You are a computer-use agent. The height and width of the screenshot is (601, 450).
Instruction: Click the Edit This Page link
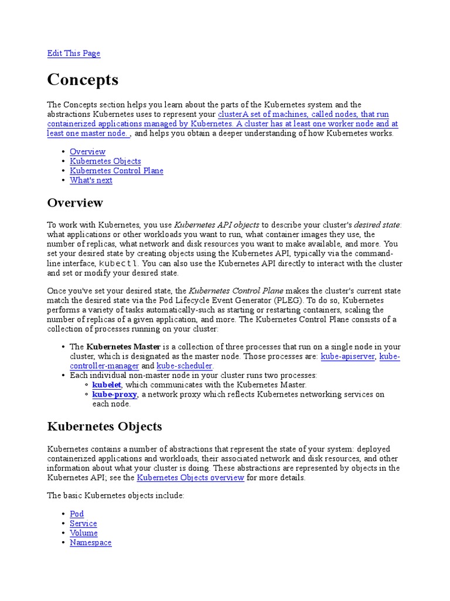(x=73, y=53)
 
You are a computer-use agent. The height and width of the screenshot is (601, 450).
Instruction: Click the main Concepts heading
(x=83, y=80)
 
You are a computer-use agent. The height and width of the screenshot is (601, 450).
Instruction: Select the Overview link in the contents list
(x=87, y=151)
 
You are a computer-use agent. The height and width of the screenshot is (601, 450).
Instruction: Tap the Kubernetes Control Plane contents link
(x=116, y=171)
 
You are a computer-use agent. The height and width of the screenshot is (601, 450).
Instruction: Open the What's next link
(x=91, y=180)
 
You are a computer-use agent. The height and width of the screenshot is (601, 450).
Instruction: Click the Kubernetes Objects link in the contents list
(x=105, y=161)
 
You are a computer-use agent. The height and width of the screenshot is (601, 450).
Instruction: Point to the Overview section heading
(x=75, y=203)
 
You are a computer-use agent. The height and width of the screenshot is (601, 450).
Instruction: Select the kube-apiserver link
(x=347, y=356)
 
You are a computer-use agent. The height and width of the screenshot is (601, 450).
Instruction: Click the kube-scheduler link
(x=183, y=366)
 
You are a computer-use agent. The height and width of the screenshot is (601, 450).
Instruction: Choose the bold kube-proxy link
(x=115, y=394)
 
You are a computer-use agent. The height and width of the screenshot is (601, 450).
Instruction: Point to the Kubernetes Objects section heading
(x=104, y=427)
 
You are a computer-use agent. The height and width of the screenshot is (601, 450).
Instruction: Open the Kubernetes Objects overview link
(x=190, y=478)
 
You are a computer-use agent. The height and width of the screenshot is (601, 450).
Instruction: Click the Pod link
(x=77, y=514)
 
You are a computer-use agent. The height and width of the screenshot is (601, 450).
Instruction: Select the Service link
(x=83, y=524)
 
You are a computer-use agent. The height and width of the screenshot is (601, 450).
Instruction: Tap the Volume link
(x=84, y=533)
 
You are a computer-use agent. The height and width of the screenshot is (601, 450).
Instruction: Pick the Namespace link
(x=90, y=543)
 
